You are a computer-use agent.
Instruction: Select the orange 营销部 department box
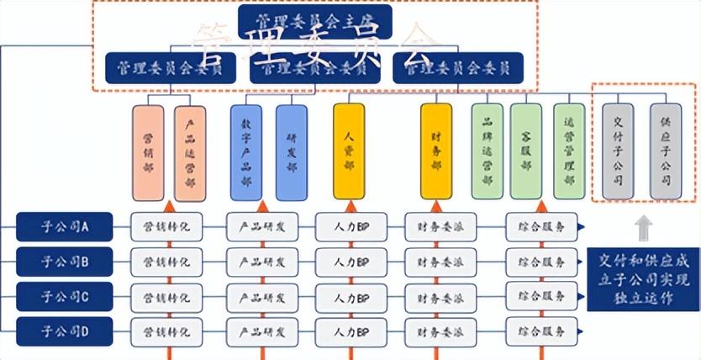click(x=148, y=152)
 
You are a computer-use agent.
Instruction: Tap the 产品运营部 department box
click(x=190, y=152)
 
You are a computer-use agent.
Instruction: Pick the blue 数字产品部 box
click(x=246, y=152)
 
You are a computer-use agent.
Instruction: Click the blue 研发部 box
click(x=291, y=152)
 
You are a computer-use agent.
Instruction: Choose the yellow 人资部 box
click(x=349, y=151)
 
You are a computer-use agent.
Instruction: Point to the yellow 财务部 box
click(x=436, y=151)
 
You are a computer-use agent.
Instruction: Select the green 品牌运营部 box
click(x=487, y=151)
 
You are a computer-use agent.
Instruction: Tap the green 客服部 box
click(x=525, y=151)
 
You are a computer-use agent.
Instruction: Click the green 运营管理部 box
click(x=569, y=151)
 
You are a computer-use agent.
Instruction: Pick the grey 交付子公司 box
click(x=617, y=151)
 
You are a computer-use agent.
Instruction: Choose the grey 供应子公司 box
click(x=666, y=151)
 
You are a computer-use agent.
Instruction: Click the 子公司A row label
click(x=65, y=225)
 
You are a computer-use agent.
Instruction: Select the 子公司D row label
click(x=65, y=331)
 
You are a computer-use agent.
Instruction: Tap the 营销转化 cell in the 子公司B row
click(x=167, y=261)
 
